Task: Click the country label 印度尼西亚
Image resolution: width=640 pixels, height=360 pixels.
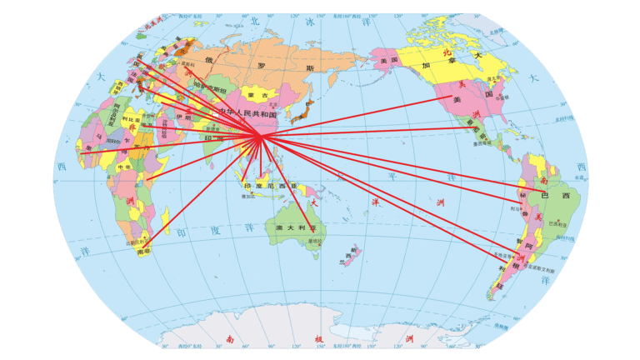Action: click(268, 185)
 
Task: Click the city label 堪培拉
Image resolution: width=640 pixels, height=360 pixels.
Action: click(314, 241)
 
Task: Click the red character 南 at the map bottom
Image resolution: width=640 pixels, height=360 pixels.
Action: click(229, 339)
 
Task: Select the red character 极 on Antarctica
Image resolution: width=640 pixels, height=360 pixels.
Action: click(318, 339)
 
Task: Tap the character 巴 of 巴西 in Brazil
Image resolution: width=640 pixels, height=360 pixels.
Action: click(547, 194)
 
